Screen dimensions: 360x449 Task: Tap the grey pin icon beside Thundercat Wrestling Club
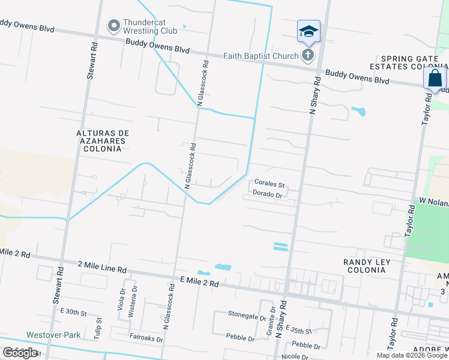tap(113, 26)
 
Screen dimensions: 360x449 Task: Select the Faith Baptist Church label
tap(261, 56)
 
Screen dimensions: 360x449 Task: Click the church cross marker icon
tap(307, 56)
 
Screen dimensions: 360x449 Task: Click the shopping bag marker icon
tap(434, 79)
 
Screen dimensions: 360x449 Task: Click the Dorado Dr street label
tap(268, 194)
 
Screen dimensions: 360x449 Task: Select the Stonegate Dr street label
tap(247, 314)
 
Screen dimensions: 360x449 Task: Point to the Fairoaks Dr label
tap(146, 338)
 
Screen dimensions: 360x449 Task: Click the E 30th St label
tap(74, 313)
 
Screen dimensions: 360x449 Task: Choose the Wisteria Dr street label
tap(134, 296)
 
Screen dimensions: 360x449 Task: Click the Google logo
tap(20, 353)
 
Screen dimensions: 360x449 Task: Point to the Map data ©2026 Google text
tap(412, 355)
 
